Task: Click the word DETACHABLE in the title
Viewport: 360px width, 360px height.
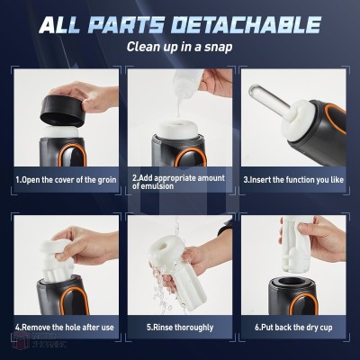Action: click(x=247, y=24)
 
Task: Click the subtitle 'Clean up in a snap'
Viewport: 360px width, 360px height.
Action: click(x=179, y=47)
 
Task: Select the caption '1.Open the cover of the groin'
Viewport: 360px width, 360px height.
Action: click(x=66, y=180)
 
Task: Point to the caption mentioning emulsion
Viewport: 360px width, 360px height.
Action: click(x=178, y=182)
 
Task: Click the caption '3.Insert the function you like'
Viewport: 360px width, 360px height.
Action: click(x=293, y=180)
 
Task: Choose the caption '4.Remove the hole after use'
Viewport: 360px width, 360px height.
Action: click(x=65, y=327)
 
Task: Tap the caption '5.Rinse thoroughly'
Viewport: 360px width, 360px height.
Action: click(x=180, y=327)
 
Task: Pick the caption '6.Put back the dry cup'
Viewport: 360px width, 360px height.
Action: click(x=293, y=327)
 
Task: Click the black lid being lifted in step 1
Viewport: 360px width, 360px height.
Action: click(x=62, y=111)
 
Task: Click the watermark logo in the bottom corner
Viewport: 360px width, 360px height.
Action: click(x=39, y=340)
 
